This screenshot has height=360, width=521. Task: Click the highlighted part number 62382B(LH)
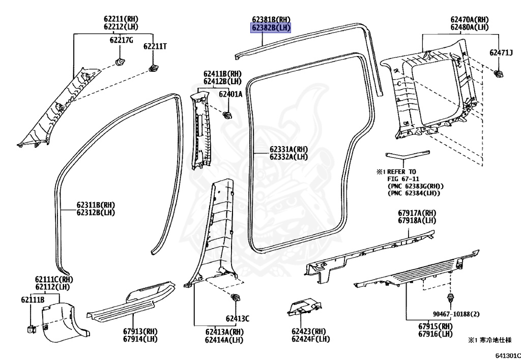coord(270,27)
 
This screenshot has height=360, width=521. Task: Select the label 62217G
coord(121,40)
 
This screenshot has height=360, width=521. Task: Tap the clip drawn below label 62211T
coord(153,68)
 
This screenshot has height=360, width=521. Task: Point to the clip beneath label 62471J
coord(499,74)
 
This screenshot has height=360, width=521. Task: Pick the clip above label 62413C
coord(236,297)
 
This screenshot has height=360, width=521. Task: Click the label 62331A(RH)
coord(288,149)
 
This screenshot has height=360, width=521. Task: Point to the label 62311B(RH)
coord(96,205)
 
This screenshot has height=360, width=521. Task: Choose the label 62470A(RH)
coord(469,19)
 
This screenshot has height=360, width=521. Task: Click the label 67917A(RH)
coord(417,213)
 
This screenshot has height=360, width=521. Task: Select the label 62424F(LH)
coord(310,339)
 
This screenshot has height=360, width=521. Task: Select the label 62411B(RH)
coord(223,74)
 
